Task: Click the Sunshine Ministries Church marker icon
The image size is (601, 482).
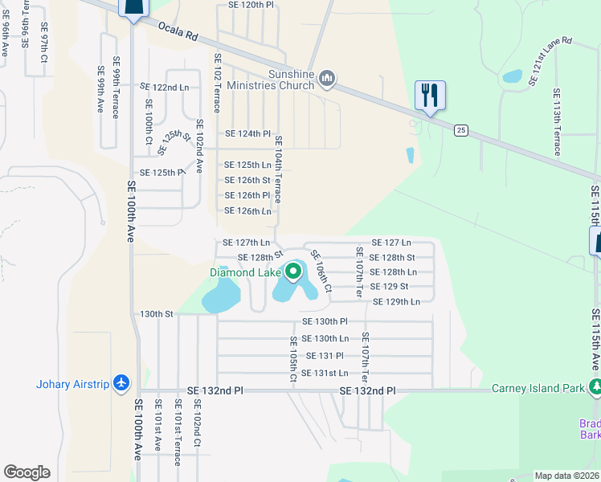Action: [x=326, y=79]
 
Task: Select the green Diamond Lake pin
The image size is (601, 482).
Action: [x=293, y=272]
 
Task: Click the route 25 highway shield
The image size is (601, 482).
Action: [x=460, y=129]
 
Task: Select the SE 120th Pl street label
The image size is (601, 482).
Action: [x=251, y=5]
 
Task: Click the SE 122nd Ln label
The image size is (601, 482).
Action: [x=165, y=87]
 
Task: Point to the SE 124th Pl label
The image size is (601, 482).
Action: [x=248, y=133]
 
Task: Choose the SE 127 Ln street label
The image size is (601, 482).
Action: [x=391, y=242]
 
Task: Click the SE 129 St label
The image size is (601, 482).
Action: [x=389, y=287]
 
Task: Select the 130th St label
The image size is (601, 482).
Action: [x=157, y=314]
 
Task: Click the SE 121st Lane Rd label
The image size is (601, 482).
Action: [x=550, y=61]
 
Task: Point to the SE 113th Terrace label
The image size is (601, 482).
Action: [x=556, y=123]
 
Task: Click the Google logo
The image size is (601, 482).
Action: [x=27, y=472]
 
